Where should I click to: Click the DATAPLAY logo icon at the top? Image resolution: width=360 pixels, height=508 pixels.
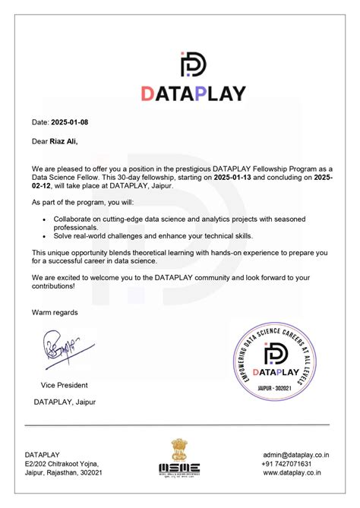pos(192,65)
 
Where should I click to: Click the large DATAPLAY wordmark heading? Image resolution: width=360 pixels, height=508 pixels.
pos(193,93)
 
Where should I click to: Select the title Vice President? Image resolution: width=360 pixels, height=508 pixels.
pos(65,385)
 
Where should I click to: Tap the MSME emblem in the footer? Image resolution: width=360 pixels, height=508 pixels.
pos(179,459)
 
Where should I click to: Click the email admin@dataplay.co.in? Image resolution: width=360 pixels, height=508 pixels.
pos(296,454)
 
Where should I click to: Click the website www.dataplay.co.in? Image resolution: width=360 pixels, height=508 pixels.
pos(296,472)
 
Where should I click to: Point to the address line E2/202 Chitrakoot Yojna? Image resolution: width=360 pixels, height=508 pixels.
pos(62,463)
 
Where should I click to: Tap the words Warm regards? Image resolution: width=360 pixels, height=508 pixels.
pos(55,312)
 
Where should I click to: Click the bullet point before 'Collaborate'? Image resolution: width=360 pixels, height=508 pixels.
pos(45,218)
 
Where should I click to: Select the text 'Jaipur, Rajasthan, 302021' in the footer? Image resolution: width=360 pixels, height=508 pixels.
pos(64,472)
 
